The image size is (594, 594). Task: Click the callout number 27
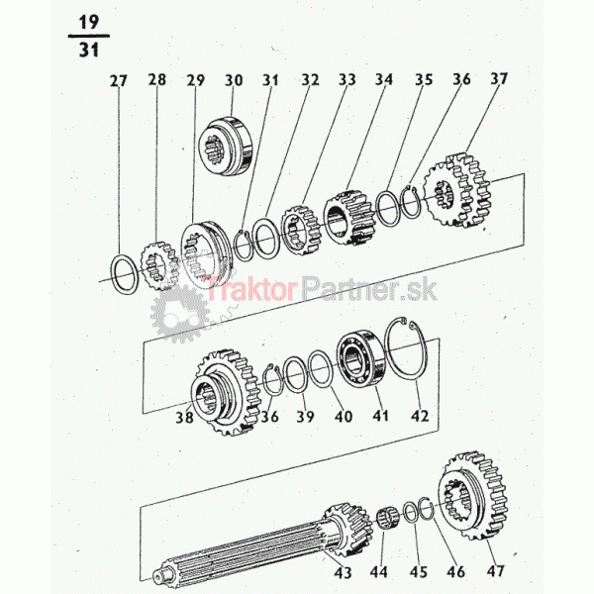click(x=119, y=81)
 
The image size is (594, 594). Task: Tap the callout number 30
click(x=234, y=80)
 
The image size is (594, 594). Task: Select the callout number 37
click(x=499, y=79)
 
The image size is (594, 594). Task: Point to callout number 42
click(x=420, y=416)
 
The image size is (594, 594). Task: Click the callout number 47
click(x=496, y=570)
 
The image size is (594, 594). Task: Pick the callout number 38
click(x=184, y=418)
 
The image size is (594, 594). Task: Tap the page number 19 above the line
click(x=89, y=23)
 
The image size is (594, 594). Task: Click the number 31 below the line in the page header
click(x=89, y=49)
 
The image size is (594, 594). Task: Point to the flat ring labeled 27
click(x=114, y=274)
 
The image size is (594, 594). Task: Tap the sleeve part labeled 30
click(x=225, y=147)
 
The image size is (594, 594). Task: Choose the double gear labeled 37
click(x=457, y=191)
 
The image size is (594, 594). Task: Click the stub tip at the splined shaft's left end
click(x=156, y=576)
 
